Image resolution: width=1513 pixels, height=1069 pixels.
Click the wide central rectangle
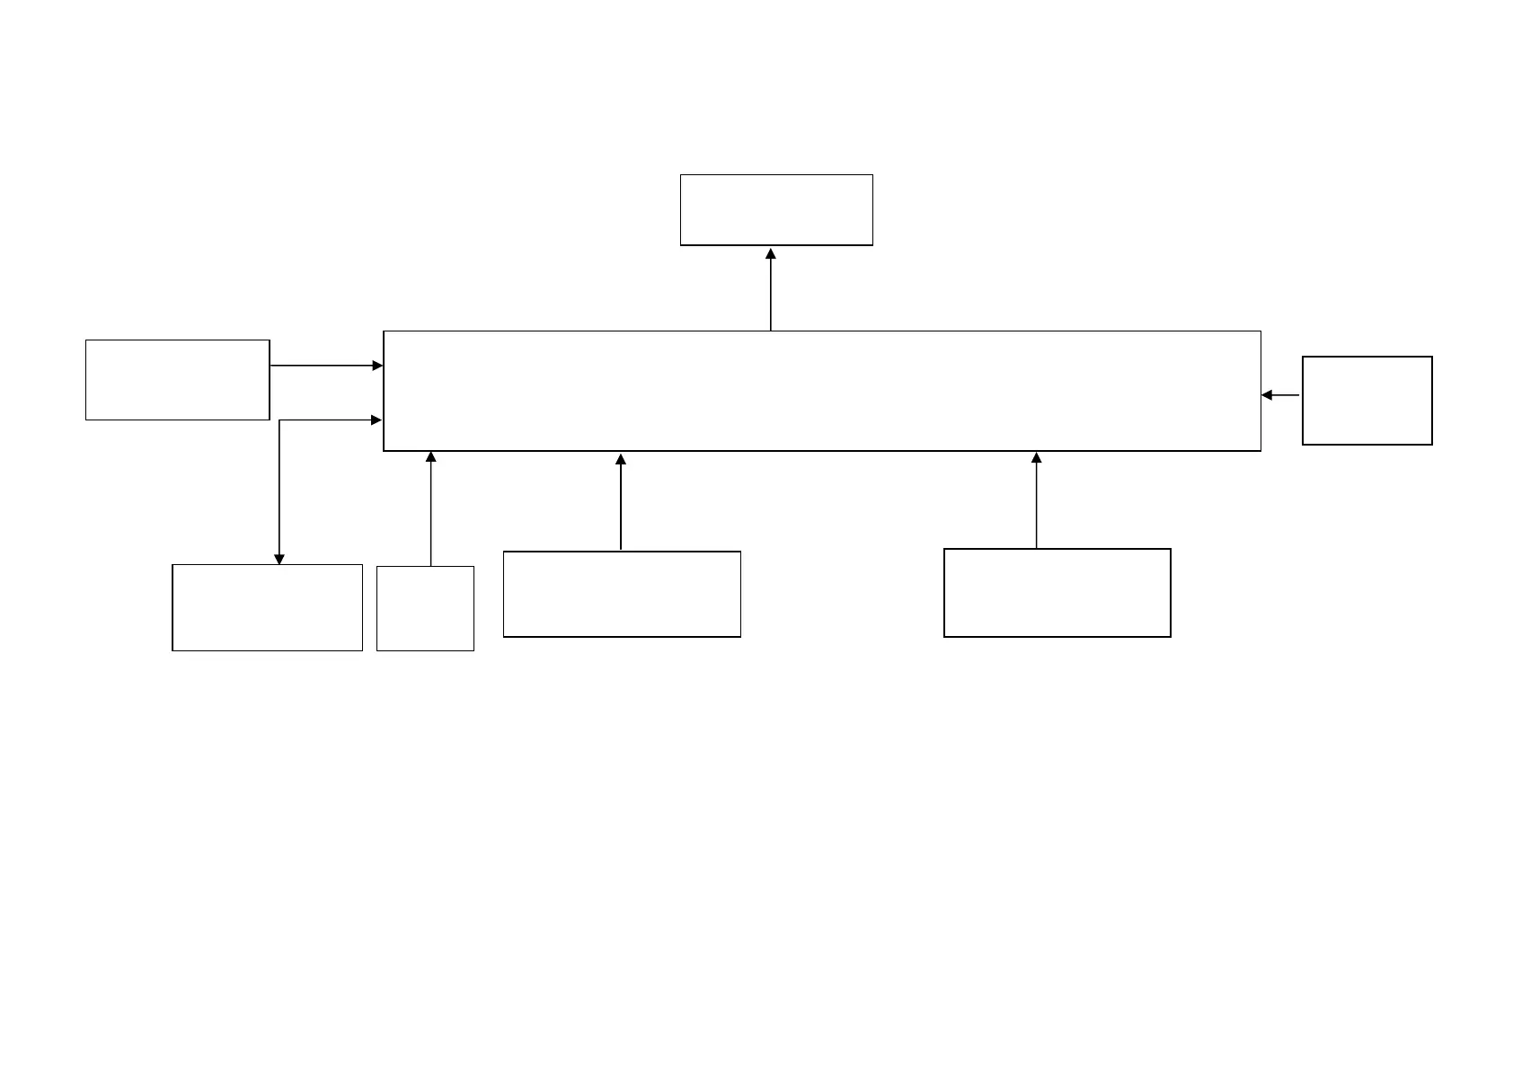point(821,391)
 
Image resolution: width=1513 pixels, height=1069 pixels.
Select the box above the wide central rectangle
point(776,210)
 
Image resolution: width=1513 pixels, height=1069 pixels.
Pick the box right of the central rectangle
point(1367,401)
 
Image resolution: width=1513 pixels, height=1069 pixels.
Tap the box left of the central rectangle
point(178,380)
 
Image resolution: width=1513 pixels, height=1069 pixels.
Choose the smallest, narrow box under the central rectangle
point(425,608)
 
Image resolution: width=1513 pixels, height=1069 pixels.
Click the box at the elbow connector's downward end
point(267,607)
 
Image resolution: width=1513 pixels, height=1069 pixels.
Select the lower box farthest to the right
point(1057,593)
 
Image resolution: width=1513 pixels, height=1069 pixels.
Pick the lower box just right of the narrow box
point(622,595)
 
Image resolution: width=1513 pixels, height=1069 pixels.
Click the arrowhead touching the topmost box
point(771,254)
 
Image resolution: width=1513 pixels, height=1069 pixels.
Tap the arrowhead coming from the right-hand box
point(1267,395)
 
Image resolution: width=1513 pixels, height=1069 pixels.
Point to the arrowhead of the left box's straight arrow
point(377,366)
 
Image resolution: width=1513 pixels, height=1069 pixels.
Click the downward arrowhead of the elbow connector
point(279,559)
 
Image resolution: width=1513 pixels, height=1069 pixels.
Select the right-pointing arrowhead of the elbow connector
point(377,420)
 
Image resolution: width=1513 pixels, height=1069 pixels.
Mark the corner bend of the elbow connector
point(279,420)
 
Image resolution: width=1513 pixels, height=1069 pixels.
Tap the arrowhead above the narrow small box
point(430,457)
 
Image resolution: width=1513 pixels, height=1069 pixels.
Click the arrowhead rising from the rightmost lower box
point(1036,458)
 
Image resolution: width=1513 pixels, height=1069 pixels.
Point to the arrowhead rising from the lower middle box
point(621,460)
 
